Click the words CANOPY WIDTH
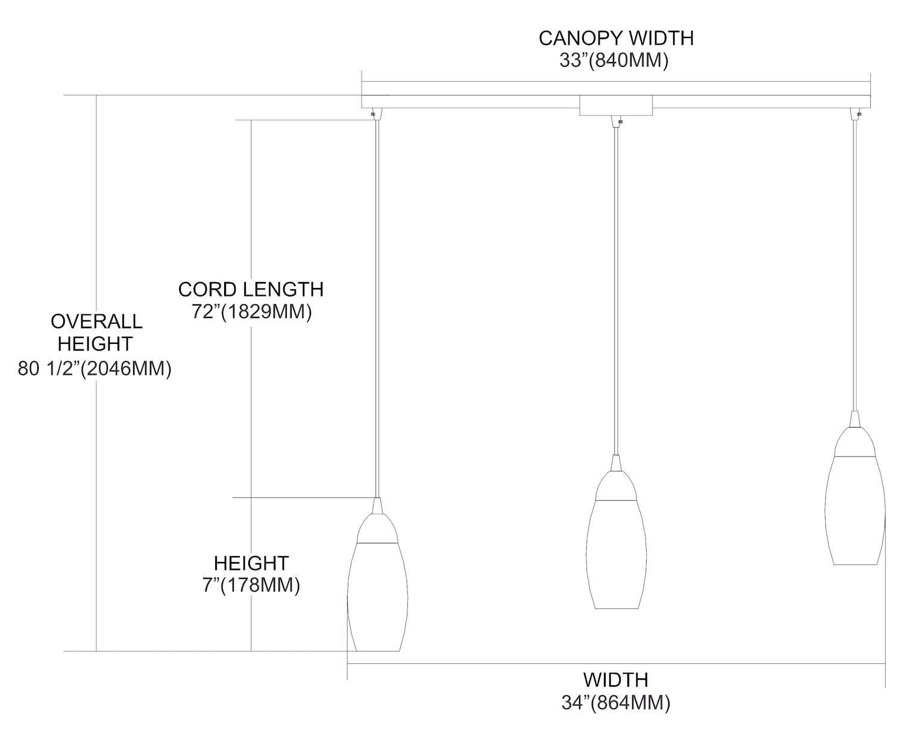615,38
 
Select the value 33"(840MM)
614,60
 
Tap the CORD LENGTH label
251,289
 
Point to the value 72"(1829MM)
251,311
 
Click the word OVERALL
96,322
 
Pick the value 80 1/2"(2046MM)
94,368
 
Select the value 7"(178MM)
251,585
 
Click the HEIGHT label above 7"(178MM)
251,563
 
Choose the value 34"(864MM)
615,702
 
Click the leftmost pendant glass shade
377,596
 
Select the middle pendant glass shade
616,554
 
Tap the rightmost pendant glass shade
855,510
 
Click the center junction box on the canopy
616,105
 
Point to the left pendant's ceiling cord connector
376,114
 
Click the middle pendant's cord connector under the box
617,122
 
